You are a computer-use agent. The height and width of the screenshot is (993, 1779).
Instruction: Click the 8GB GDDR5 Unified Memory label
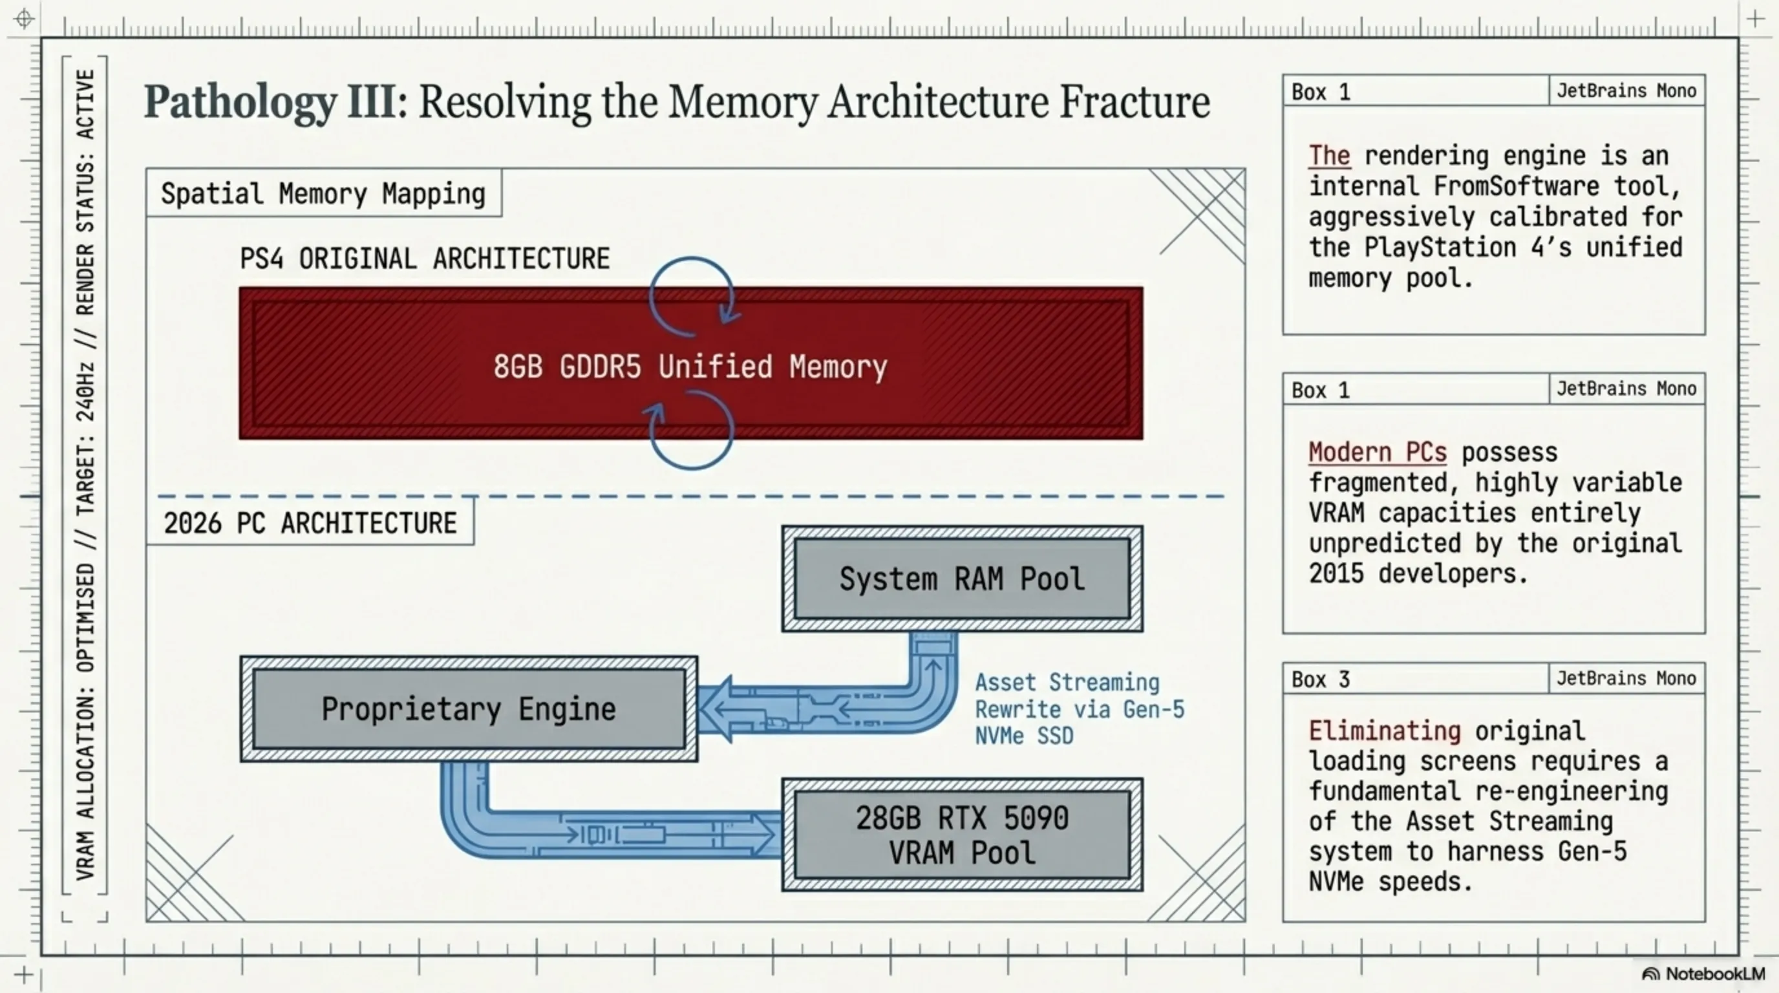point(690,366)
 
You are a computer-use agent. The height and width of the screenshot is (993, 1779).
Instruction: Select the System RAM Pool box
point(962,579)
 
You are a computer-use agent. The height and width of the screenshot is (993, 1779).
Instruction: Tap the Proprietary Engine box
point(469,709)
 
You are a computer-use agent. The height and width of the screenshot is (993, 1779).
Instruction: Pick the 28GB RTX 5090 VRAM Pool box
point(962,835)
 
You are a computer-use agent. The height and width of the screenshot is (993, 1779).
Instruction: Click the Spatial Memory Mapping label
point(323,193)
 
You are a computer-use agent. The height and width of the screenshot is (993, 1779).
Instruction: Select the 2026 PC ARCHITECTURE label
point(310,523)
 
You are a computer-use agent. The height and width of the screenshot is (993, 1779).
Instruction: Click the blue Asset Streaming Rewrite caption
point(1079,709)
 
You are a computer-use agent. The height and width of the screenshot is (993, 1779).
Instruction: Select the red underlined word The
point(1328,155)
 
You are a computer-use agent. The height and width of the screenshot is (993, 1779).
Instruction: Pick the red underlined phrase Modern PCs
point(1377,453)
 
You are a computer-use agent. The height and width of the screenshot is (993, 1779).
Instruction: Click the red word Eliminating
point(1384,731)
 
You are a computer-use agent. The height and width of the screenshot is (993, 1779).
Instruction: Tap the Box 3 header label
point(1321,679)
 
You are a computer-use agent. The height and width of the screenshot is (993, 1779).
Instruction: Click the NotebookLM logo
point(1703,974)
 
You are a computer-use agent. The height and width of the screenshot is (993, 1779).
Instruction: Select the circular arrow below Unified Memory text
point(691,431)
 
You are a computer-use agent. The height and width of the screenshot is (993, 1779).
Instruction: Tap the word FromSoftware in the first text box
point(1516,186)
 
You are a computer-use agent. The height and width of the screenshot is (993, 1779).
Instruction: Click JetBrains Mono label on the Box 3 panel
point(1626,678)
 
